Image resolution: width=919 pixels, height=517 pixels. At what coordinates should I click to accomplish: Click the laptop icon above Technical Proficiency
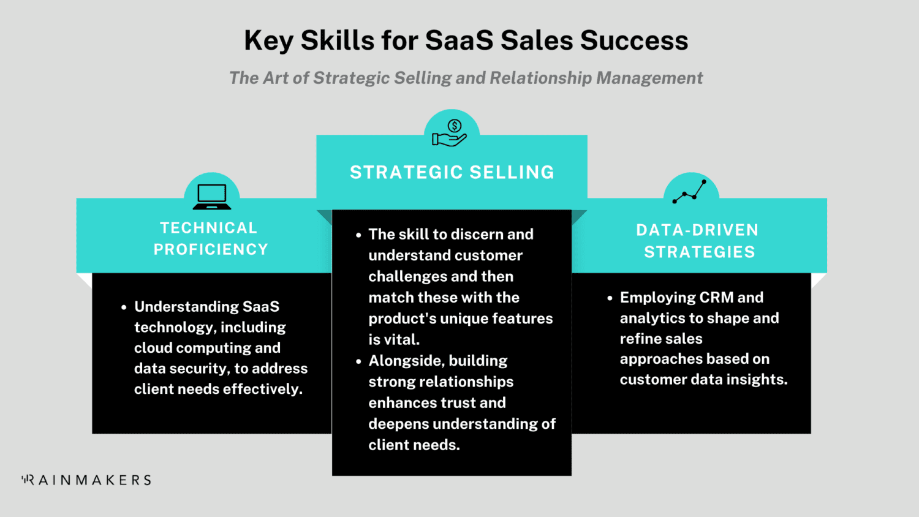click(212, 196)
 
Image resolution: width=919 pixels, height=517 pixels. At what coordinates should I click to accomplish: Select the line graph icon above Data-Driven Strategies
click(690, 191)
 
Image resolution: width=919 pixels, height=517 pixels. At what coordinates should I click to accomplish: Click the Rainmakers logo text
click(86, 480)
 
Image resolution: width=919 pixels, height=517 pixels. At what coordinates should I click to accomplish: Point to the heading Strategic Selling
click(452, 172)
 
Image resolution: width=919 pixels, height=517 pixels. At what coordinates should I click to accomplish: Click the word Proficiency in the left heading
click(211, 249)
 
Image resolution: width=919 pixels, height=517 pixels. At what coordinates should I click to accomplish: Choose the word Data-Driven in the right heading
click(697, 230)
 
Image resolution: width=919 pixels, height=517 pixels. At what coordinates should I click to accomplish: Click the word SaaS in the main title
click(459, 40)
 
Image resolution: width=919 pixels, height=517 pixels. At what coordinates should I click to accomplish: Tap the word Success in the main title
click(634, 40)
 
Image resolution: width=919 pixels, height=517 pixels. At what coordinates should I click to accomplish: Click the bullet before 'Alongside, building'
click(358, 361)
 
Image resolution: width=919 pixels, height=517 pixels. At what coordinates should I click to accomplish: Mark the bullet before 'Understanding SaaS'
click(124, 307)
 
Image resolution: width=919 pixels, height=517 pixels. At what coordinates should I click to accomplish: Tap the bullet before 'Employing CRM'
click(610, 298)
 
